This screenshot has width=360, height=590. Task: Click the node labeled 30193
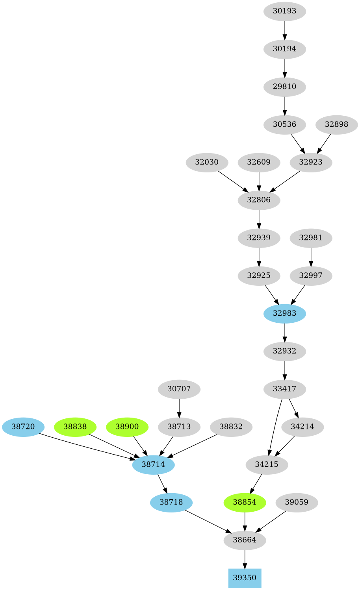click(x=284, y=11)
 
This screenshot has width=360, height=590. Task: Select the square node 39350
click(x=245, y=578)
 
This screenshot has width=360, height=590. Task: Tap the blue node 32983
click(x=284, y=313)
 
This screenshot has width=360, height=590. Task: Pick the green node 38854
click(x=245, y=502)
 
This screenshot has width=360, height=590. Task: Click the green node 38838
click(x=75, y=427)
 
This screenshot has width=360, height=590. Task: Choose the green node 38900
click(x=127, y=427)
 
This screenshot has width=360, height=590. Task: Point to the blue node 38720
click(x=23, y=427)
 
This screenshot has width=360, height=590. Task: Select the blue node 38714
click(x=153, y=464)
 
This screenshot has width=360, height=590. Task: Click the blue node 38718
click(x=171, y=502)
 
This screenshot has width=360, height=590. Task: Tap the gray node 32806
click(x=259, y=200)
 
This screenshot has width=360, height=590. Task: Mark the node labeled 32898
click(x=336, y=124)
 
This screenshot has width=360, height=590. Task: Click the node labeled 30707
click(x=179, y=389)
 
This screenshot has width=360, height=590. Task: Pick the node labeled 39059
click(x=297, y=502)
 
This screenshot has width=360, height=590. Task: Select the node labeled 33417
click(x=284, y=389)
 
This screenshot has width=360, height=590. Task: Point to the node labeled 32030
click(x=207, y=162)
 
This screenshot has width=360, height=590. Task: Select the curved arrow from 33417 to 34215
click(x=275, y=427)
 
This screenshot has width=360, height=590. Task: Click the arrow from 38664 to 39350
click(x=245, y=559)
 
